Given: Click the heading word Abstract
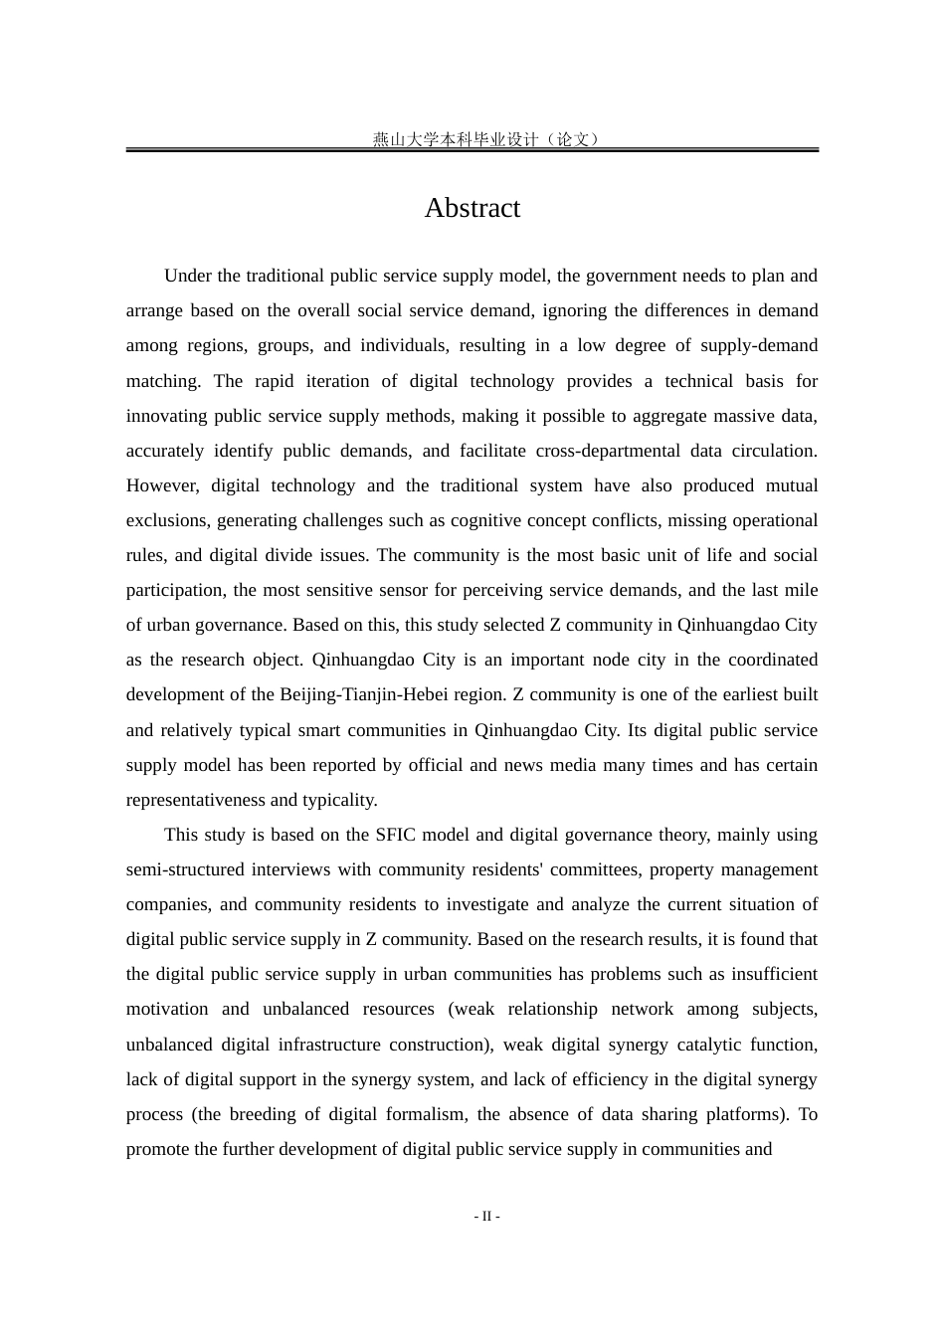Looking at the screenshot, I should (x=472, y=208).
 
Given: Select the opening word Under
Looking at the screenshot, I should (x=187, y=276).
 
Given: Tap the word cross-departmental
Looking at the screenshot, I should (x=608, y=451).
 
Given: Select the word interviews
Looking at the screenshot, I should (x=290, y=869).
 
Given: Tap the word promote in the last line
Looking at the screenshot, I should (x=157, y=1149).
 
